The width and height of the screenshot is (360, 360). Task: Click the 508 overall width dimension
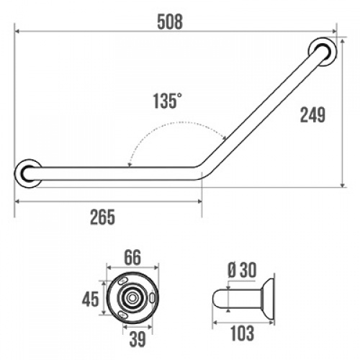point(170,22)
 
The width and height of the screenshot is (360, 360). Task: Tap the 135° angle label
point(167,101)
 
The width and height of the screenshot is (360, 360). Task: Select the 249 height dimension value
point(312,115)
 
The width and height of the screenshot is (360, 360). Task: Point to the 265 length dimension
point(102,217)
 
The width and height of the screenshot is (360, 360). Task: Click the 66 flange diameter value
point(132,258)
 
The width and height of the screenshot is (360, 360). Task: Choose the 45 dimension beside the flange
point(91,299)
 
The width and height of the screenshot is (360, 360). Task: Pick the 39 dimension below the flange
point(138,339)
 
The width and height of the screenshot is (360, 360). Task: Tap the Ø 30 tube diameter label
point(242,270)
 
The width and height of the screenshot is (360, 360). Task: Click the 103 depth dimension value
point(242,333)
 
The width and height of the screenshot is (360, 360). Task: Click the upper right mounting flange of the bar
point(323,51)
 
